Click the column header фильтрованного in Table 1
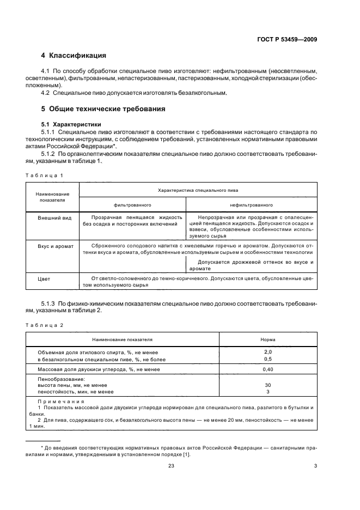tap(132, 205)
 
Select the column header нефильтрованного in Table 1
tap(251, 205)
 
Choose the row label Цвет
tap(44, 279)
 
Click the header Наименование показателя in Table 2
tap(122, 339)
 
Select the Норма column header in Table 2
tap(267, 339)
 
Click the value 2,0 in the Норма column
tap(267, 352)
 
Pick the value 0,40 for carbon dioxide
tap(267, 369)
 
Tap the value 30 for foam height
tap(267, 385)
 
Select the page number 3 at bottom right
tap(315, 465)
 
